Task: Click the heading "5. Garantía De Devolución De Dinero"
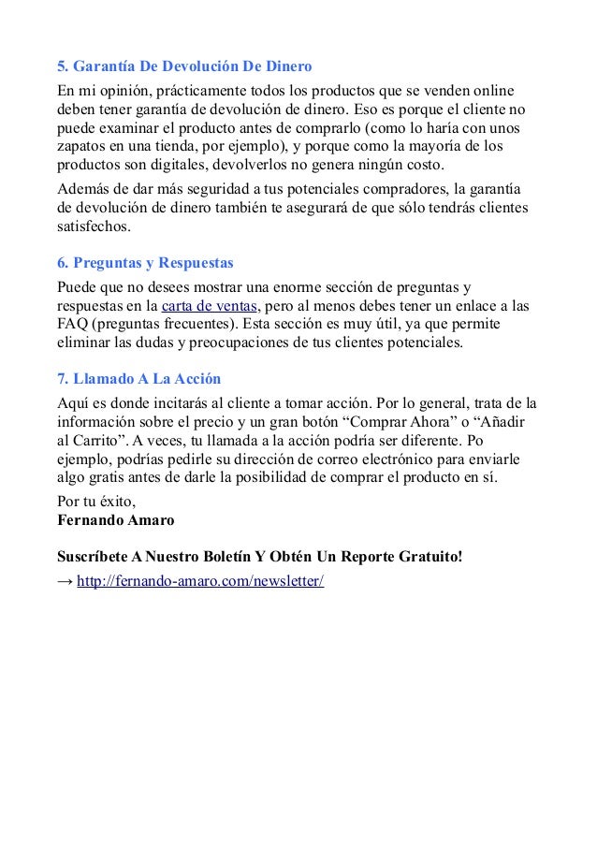pyautogui.click(x=184, y=68)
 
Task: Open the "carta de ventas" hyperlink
pyautogui.click(x=209, y=306)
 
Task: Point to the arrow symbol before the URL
pyautogui.click(x=65, y=581)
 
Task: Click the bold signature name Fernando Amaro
pyautogui.click(x=109, y=520)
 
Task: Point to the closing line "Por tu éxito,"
pyautogui.click(x=96, y=501)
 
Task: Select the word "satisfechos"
pyautogui.click(x=95, y=226)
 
